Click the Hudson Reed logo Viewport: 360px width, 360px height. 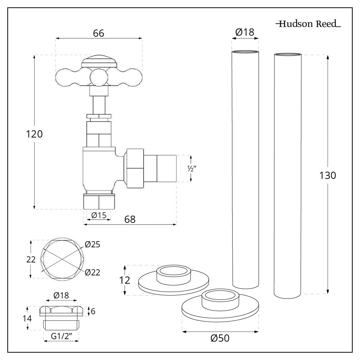308,24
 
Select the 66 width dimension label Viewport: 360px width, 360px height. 98,33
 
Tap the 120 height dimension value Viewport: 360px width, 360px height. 35,134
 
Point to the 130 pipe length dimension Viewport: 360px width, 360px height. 328,176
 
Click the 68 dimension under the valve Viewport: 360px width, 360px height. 130,219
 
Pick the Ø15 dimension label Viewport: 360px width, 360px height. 98,215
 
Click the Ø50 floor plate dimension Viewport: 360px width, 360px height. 220,338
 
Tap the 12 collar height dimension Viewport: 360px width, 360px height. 125,280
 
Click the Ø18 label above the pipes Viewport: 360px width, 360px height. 245,32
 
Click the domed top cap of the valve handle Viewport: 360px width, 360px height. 99,61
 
